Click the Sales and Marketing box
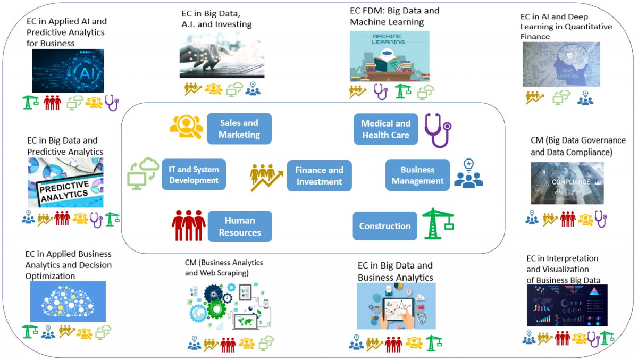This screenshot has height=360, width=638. point(239,129)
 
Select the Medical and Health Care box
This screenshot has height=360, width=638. point(385,129)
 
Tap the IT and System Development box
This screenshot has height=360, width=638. point(194,174)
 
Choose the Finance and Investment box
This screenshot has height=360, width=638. point(319,175)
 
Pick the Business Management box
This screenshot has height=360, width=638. point(417,175)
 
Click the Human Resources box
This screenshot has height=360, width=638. point(240,227)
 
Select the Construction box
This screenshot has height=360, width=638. point(385,226)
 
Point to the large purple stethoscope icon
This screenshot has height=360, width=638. point(438,130)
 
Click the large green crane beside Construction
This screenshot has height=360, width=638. point(438,223)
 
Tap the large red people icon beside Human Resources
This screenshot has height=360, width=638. point(188,225)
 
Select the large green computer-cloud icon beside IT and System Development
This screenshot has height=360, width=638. point(143,173)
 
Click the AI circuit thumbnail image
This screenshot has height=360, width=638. point(68,71)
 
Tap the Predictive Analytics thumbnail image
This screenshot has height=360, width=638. point(65,182)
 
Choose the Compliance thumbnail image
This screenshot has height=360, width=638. point(567,183)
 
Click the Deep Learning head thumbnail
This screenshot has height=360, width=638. point(561,64)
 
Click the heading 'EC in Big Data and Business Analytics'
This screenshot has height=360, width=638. point(395,271)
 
